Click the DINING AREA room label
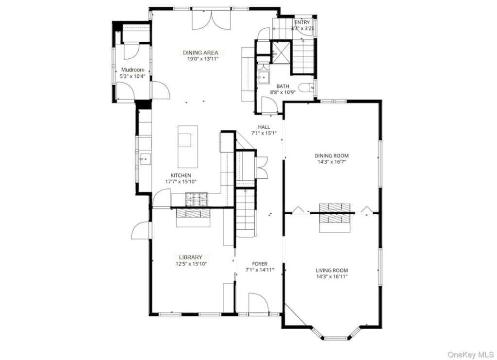[x=200, y=52]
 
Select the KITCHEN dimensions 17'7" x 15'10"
[x=180, y=182]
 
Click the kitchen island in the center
[x=188, y=146]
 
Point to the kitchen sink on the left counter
[x=144, y=158]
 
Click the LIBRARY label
[x=190, y=257]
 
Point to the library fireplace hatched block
[x=193, y=213]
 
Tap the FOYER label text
[x=260, y=264]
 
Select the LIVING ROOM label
[x=332, y=270]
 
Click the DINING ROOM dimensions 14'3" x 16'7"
[x=332, y=162]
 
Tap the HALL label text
[x=264, y=127]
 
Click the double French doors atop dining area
[x=208, y=18]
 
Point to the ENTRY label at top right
[x=301, y=22]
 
